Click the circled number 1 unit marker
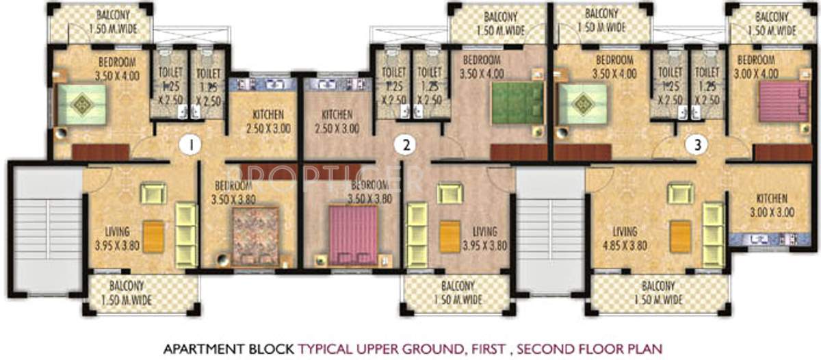193,144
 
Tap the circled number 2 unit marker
407,144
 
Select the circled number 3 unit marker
697,144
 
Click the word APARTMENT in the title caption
195,347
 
